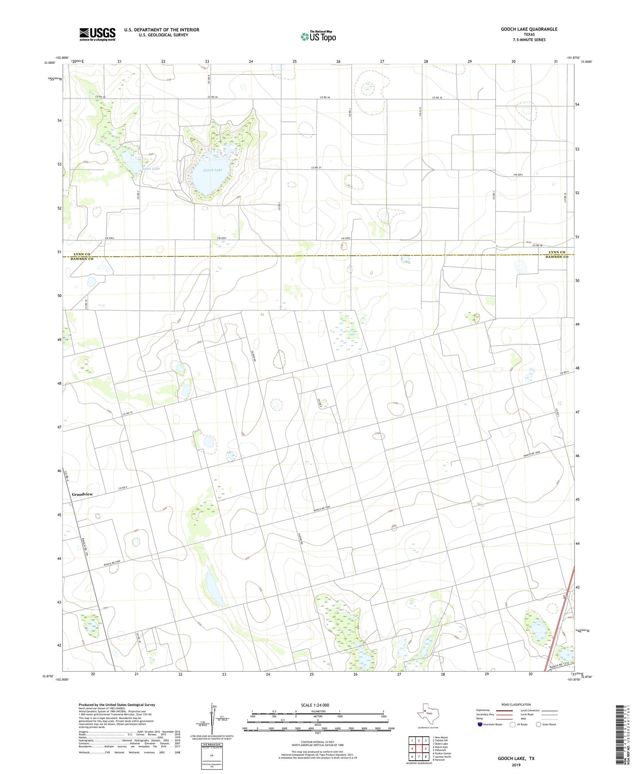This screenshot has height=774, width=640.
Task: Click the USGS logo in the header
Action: pyautogui.click(x=97, y=34)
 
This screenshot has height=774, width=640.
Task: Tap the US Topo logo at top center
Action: pyautogui.click(x=318, y=36)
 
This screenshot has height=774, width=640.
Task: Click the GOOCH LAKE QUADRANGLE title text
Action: pyautogui.click(x=529, y=29)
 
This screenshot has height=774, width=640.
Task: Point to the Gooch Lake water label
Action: pyautogui.click(x=213, y=170)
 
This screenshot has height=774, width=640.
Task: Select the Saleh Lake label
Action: pyautogui.click(x=151, y=168)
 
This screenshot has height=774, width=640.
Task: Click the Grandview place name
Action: pyautogui.click(x=82, y=494)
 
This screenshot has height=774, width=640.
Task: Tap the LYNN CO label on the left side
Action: pyautogui.click(x=81, y=254)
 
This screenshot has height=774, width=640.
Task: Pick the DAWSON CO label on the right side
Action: pyautogui.click(x=557, y=257)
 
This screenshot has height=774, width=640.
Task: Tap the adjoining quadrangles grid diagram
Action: pyautogui.click(x=419, y=749)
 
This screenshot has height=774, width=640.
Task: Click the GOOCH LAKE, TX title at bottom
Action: pyautogui.click(x=516, y=758)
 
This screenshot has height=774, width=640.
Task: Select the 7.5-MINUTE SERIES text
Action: pyautogui.click(x=529, y=40)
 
